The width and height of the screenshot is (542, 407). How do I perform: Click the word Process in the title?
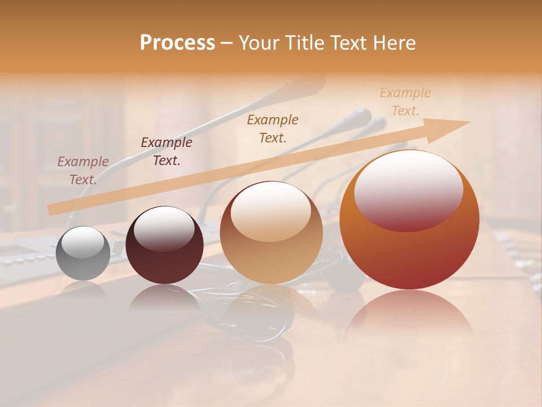click(177, 43)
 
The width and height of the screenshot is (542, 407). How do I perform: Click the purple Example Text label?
click(83, 171)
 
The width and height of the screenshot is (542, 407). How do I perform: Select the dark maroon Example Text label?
click(167, 151)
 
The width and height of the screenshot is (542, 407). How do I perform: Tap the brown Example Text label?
click(273, 128)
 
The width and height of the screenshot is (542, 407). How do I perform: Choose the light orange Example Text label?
click(405, 102)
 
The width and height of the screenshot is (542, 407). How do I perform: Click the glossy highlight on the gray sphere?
click(85, 243)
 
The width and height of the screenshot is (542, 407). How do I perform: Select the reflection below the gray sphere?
click(84, 291)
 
